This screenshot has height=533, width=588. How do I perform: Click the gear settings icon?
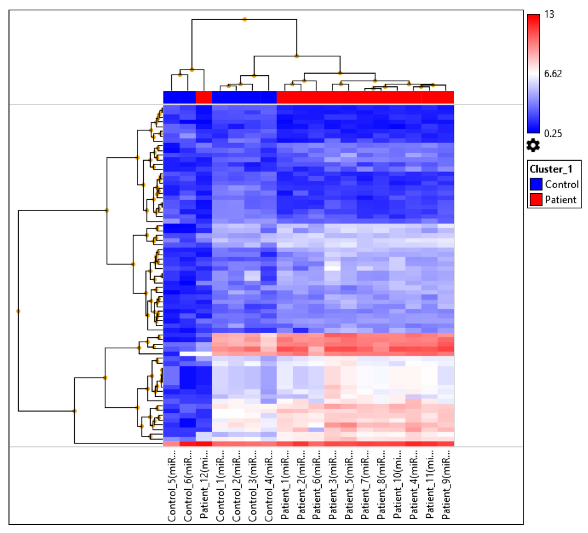point(533,145)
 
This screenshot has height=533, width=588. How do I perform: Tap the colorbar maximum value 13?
point(549,14)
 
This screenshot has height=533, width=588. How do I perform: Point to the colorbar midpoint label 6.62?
point(553,74)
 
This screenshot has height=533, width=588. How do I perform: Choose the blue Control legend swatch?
point(536,184)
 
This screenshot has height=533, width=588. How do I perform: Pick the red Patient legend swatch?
point(536,200)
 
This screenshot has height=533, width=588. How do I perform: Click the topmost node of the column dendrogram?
point(245,20)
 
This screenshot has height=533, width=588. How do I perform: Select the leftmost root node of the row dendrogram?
point(18,311)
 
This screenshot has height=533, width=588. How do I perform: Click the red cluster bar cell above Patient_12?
point(204,97)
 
